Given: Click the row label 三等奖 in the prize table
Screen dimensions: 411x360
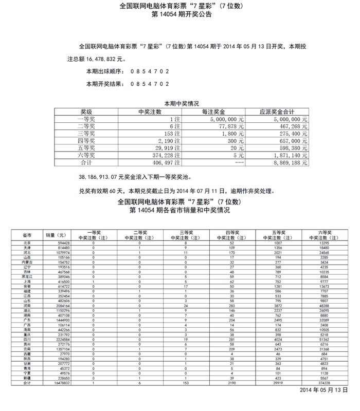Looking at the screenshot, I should [x=86, y=133].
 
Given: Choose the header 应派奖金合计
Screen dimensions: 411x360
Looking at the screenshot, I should [x=277, y=111].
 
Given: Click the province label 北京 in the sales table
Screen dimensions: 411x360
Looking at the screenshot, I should [x=27, y=243].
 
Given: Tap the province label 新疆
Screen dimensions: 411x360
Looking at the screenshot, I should [x=27, y=378].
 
